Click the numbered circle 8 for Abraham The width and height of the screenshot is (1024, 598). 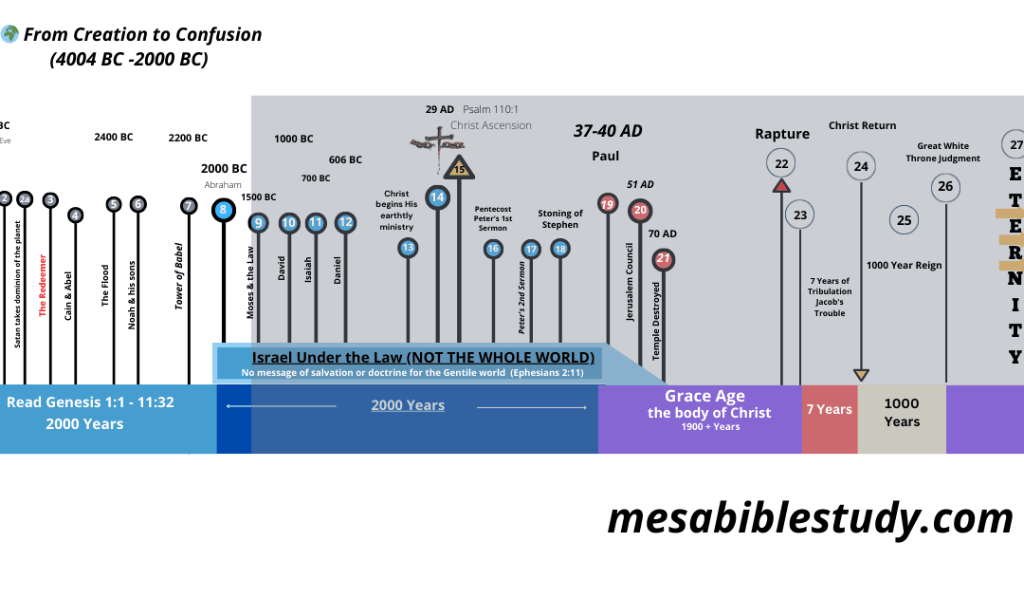223,210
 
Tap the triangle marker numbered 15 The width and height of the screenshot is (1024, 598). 459,168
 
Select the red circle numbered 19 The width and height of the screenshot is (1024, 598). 608,203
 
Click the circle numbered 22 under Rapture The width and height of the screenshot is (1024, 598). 781,163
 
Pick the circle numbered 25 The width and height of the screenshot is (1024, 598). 904,220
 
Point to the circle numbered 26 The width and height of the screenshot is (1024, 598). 945,186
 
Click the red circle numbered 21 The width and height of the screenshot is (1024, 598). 664,258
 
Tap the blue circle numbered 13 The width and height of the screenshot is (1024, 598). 408,248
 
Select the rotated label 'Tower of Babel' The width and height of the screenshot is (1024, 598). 179,275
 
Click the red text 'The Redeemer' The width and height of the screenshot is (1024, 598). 43,284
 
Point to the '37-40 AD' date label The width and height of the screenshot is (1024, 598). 608,131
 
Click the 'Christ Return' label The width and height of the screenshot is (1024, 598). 862,125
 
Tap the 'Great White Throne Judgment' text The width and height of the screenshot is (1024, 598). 948,152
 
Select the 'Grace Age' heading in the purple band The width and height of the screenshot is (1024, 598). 704,396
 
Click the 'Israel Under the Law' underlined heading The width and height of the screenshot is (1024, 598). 423,357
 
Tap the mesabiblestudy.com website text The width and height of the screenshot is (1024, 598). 810,518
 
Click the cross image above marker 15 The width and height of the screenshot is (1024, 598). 439,141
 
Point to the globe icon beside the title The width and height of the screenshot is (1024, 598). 9,35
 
